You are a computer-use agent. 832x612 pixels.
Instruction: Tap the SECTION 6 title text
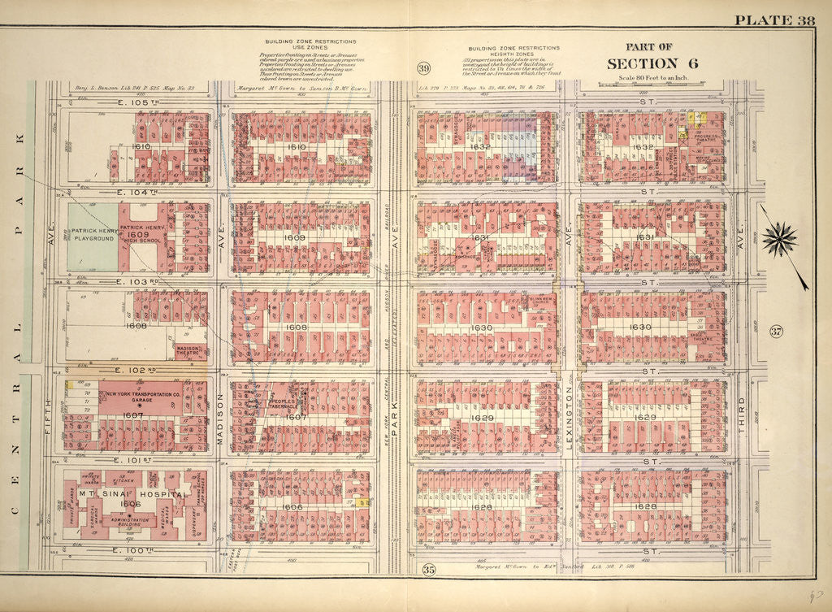[x=643, y=63]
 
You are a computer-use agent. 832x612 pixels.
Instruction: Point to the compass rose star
[x=779, y=240]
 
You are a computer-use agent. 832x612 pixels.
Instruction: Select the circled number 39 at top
[x=423, y=67]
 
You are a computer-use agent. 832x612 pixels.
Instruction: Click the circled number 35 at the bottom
[x=428, y=570]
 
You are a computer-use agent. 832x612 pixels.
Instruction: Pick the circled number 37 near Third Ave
[x=776, y=331]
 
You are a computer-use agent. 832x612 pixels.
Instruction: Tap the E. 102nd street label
[x=130, y=370]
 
